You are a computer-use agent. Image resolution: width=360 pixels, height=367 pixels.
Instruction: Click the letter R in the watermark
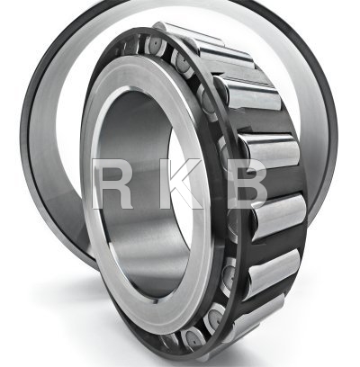(112, 183)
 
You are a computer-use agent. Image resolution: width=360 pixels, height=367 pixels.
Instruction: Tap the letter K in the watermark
(180, 183)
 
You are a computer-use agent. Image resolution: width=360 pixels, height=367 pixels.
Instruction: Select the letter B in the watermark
(247, 183)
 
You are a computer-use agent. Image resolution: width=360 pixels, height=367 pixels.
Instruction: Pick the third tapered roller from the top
(249, 93)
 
